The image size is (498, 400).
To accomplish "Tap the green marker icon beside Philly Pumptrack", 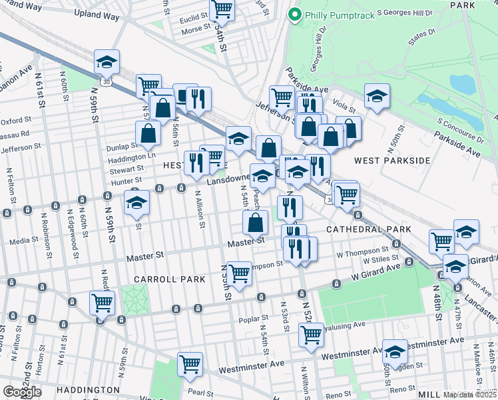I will (x=294, y=14).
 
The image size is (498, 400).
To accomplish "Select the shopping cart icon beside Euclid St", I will (x=222, y=10).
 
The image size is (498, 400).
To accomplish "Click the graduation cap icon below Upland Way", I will (x=107, y=62).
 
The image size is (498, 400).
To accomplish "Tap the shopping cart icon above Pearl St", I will (x=190, y=365).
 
